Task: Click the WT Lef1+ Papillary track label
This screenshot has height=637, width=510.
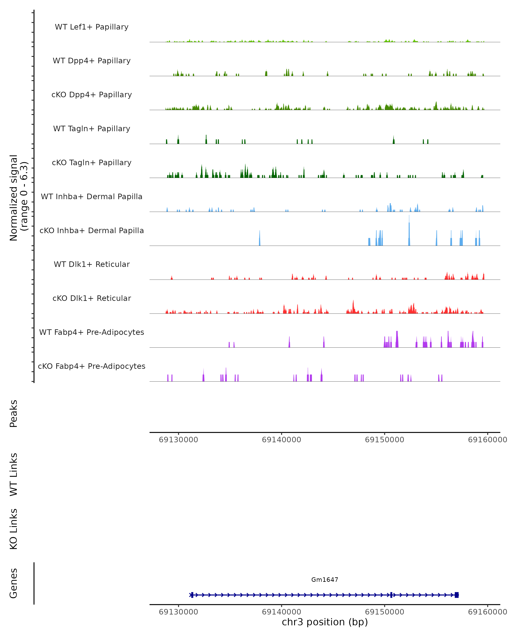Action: click(x=92, y=27)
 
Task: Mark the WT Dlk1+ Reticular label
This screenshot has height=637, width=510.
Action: click(x=92, y=264)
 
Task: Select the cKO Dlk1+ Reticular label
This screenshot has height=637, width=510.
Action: click(x=92, y=298)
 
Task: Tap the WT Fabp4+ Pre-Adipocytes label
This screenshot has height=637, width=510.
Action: click(x=92, y=332)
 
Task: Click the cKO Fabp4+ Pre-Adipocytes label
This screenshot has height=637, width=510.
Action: click(x=92, y=366)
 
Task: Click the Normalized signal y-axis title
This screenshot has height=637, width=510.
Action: click(x=18, y=197)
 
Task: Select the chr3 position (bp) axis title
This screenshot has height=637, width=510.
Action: click(x=325, y=622)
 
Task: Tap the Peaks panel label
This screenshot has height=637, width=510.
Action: click(x=14, y=413)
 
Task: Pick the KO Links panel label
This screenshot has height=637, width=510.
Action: click(x=14, y=529)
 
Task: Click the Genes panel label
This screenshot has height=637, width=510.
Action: click(x=14, y=583)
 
